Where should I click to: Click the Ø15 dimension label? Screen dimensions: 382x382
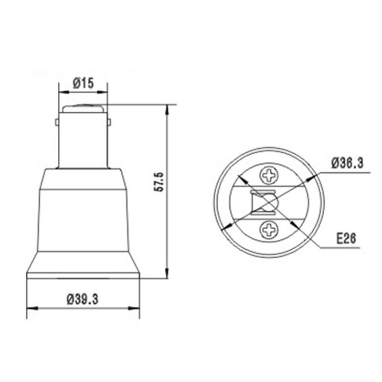click(x=83, y=83)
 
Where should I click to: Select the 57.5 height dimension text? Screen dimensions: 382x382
click(x=159, y=182)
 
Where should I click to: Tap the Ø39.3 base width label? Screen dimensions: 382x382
click(x=83, y=299)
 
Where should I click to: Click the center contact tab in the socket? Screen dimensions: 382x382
click(x=263, y=203)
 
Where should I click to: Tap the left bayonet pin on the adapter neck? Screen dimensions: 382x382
click(x=57, y=122)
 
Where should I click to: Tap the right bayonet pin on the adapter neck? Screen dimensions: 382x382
click(x=109, y=122)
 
